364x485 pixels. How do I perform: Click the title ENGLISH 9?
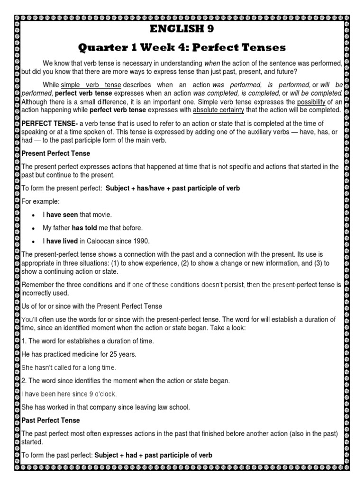(x=182, y=29)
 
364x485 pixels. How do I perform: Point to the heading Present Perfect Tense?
(x=56, y=153)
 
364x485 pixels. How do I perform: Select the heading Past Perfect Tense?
(x=51, y=420)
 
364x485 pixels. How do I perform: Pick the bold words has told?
(x=84, y=228)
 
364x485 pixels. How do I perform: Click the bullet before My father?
(x=33, y=228)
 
